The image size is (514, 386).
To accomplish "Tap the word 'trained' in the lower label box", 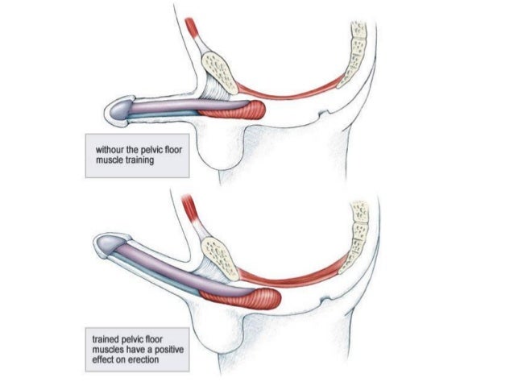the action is click(109, 333).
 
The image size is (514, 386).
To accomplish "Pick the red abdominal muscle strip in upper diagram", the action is click(193, 32).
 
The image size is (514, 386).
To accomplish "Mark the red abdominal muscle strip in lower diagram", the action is click(191, 212).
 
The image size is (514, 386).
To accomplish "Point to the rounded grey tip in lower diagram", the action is click(107, 246).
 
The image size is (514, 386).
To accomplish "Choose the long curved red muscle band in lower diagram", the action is click(298, 272).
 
